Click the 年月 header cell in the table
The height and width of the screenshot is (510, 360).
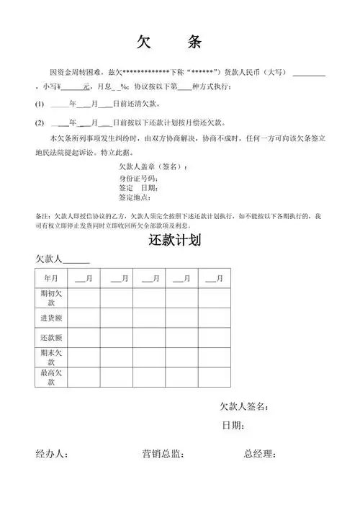tap(51, 277)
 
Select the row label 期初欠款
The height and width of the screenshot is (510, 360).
tap(51, 298)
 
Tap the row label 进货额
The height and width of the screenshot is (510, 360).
tap(51, 318)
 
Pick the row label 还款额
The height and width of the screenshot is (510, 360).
tap(51, 337)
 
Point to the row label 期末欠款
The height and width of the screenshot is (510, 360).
tap(51, 357)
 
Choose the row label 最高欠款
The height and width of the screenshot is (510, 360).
tap(51, 377)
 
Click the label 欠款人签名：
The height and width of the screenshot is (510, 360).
tap(244, 407)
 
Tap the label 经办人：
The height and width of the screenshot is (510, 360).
tap(52, 454)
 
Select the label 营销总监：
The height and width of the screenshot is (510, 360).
tap(163, 454)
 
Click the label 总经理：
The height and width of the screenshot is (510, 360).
tap(260, 454)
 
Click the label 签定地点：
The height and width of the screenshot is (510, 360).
tap(135, 197)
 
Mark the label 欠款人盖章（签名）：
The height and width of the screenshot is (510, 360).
tap(153, 168)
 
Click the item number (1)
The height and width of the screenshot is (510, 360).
tap(40, 105)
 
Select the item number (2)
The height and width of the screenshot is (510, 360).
tap(40, 122)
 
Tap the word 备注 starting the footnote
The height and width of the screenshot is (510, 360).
tap(42, 215)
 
